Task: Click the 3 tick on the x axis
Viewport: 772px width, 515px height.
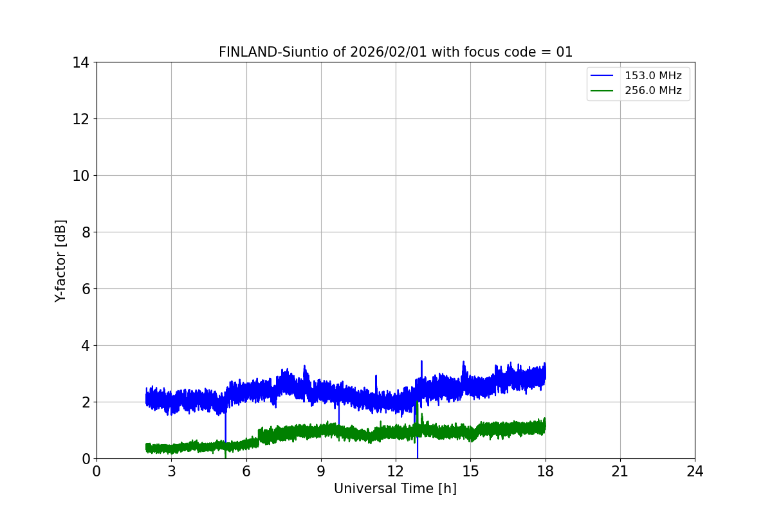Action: point(171,471)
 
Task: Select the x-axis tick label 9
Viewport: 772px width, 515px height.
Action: point(321,471)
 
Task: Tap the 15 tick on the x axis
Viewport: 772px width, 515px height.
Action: point(470,471)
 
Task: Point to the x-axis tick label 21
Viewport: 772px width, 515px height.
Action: point(620,471)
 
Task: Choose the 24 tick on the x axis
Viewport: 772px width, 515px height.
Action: point(695,471)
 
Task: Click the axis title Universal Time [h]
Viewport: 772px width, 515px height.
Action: point(395,489)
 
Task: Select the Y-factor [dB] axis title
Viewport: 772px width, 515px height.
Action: point(60,261)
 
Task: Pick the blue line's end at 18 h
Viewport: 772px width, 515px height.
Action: point(545,373)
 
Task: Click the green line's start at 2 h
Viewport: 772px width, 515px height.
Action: point(147,447)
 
